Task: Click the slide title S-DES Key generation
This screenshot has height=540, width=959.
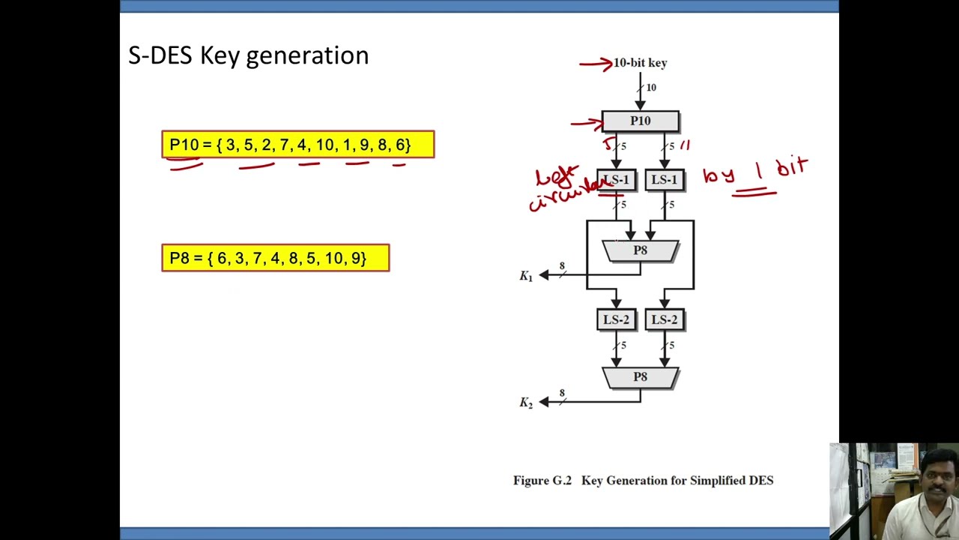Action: pos(248,56)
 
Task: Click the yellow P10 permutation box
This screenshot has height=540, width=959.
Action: pos(297,145)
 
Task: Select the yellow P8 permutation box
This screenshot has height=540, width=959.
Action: pos(275,258)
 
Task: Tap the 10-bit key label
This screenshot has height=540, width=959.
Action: pos(640,63)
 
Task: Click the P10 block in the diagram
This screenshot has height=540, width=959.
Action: pos(640,121)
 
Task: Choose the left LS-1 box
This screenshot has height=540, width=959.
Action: pos(617,180)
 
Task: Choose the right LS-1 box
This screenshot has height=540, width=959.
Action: pos(664,180)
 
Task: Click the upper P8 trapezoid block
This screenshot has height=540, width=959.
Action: pos(640,250)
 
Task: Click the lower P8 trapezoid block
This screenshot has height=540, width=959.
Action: pos(640,377)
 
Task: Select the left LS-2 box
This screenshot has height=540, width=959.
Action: pos(617,320)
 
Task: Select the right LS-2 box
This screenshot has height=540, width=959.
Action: pos(664,320)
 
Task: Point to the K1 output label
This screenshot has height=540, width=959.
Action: pos(526,276)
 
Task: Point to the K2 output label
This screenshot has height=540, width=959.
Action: pos(526,403)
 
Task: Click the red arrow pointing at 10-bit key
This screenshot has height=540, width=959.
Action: pos(596,64)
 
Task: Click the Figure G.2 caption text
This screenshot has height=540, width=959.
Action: pos(643,481)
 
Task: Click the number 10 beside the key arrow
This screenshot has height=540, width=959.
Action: pos(651,88)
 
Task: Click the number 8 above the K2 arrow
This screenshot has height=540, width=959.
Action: pos(562,394)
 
